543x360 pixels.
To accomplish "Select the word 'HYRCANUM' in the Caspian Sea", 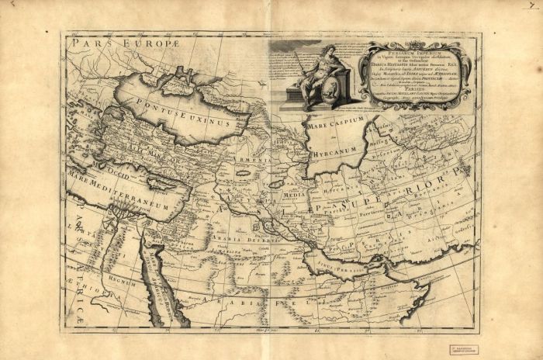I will click(334, 154).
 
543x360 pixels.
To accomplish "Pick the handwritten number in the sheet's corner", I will click(531, 5).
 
